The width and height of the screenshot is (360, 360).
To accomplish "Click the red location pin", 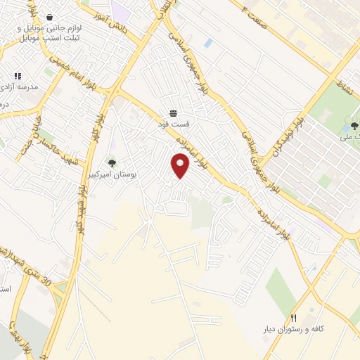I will pyautogui.click(x=181, y=166).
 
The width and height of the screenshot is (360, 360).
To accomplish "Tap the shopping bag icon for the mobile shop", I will pyautogui.click(x=49, y=17).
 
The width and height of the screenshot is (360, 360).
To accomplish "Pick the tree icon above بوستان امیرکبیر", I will pyautogui.click(x=112, y=163).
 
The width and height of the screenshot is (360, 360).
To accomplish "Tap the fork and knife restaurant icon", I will pyautogui.click(x=294, y=318).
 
